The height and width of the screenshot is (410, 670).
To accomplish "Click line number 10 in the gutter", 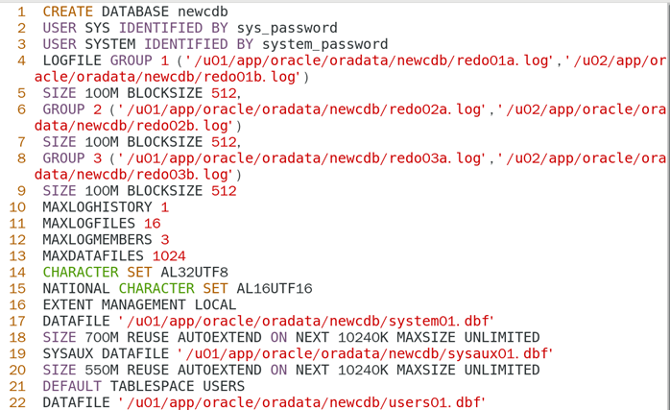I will click(18, 207).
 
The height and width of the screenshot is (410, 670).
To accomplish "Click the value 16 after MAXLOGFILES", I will click(152, 224).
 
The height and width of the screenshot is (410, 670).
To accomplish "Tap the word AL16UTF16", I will click(274, 289).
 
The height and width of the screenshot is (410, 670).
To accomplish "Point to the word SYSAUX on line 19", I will click(70, 354).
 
